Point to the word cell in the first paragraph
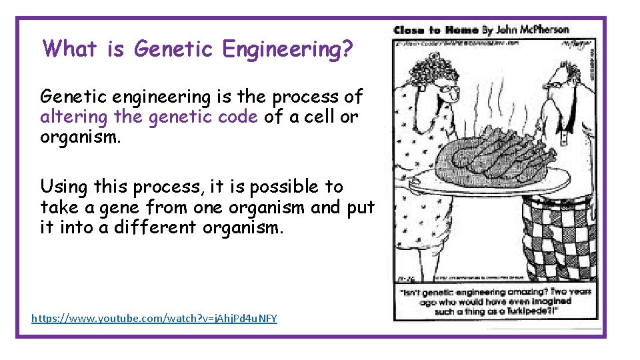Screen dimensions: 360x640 click(x=314, y=117)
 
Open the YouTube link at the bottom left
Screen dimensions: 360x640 click(x=154, y=319)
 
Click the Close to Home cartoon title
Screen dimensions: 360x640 click(x=435, y=30)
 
